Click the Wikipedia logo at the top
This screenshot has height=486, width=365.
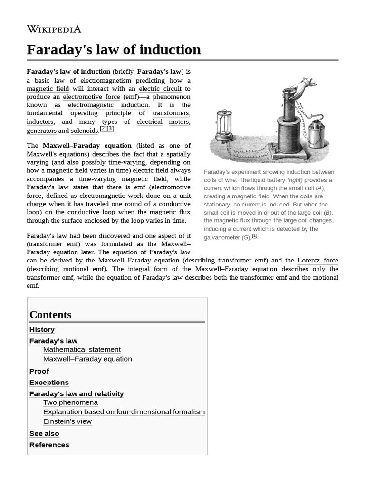coord(54,29)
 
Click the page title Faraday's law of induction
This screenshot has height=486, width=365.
coord(114,49)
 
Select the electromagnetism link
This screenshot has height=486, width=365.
coord(106,80)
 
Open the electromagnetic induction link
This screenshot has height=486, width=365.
coord(108,105)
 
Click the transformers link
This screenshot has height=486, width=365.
coord(171,113)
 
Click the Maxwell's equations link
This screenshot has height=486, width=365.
coord(58,154)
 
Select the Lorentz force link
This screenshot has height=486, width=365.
coord(317,261)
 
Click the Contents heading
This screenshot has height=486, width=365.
coord(50,315)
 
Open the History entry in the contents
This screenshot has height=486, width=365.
coord(42,330)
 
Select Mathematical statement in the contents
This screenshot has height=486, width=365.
coord(82,350)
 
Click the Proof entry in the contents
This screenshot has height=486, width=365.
coord(39,371)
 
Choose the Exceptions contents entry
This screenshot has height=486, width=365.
coord(49,383)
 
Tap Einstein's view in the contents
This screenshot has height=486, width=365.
coord(67,421)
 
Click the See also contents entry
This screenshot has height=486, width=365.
coord(44,433)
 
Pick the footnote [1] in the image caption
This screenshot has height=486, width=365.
coord(254,236)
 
